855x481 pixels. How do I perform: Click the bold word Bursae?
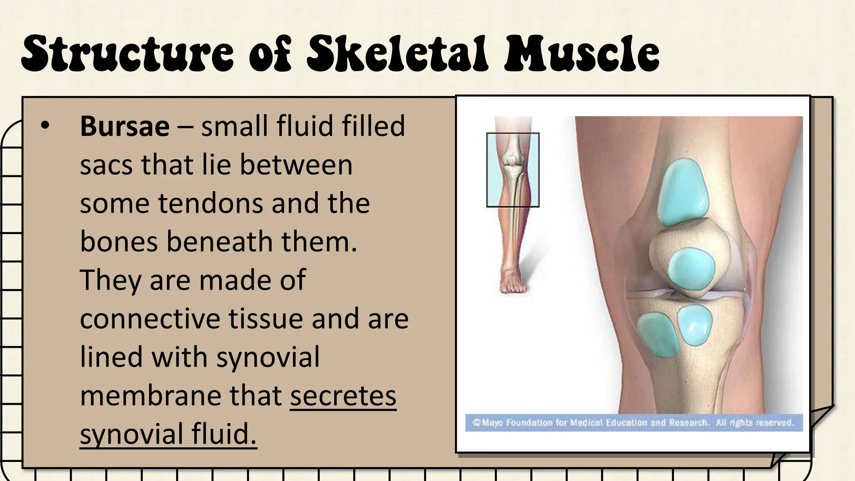point(124,126)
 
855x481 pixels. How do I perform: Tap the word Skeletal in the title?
point(397,53)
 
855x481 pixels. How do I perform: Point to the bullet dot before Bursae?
point(45,125)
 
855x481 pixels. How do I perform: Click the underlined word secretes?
point(343,396)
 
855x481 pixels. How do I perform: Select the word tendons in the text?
point(210,203)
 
